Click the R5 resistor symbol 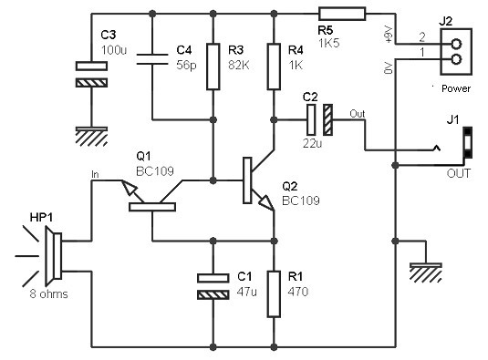click(x=342, y=14)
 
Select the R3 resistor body click(x=213, y=67)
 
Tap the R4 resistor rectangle click(x=274, y=67)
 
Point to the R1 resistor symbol click(x=274, y=294)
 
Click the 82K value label click(x=239, y=66)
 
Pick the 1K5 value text click(x=328, y=43)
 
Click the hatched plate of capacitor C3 click(x=92, y=83)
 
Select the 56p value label click(x=186, y=66)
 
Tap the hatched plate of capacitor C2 click(x=327, y=119)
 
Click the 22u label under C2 click(x=313, y=143)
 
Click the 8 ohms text click(x=49, y=293)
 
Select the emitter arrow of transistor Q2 click(x=266, y=202)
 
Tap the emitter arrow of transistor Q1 click(x=130, y=187)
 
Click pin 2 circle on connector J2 click(x=456, y=44)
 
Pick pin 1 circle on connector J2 click(x=456, y=58)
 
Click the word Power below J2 click(x=456, y=88)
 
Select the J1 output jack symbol click(x=468, y=142)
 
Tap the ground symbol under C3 click(x=92, y=136)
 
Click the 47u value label click(x=247, y=292)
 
